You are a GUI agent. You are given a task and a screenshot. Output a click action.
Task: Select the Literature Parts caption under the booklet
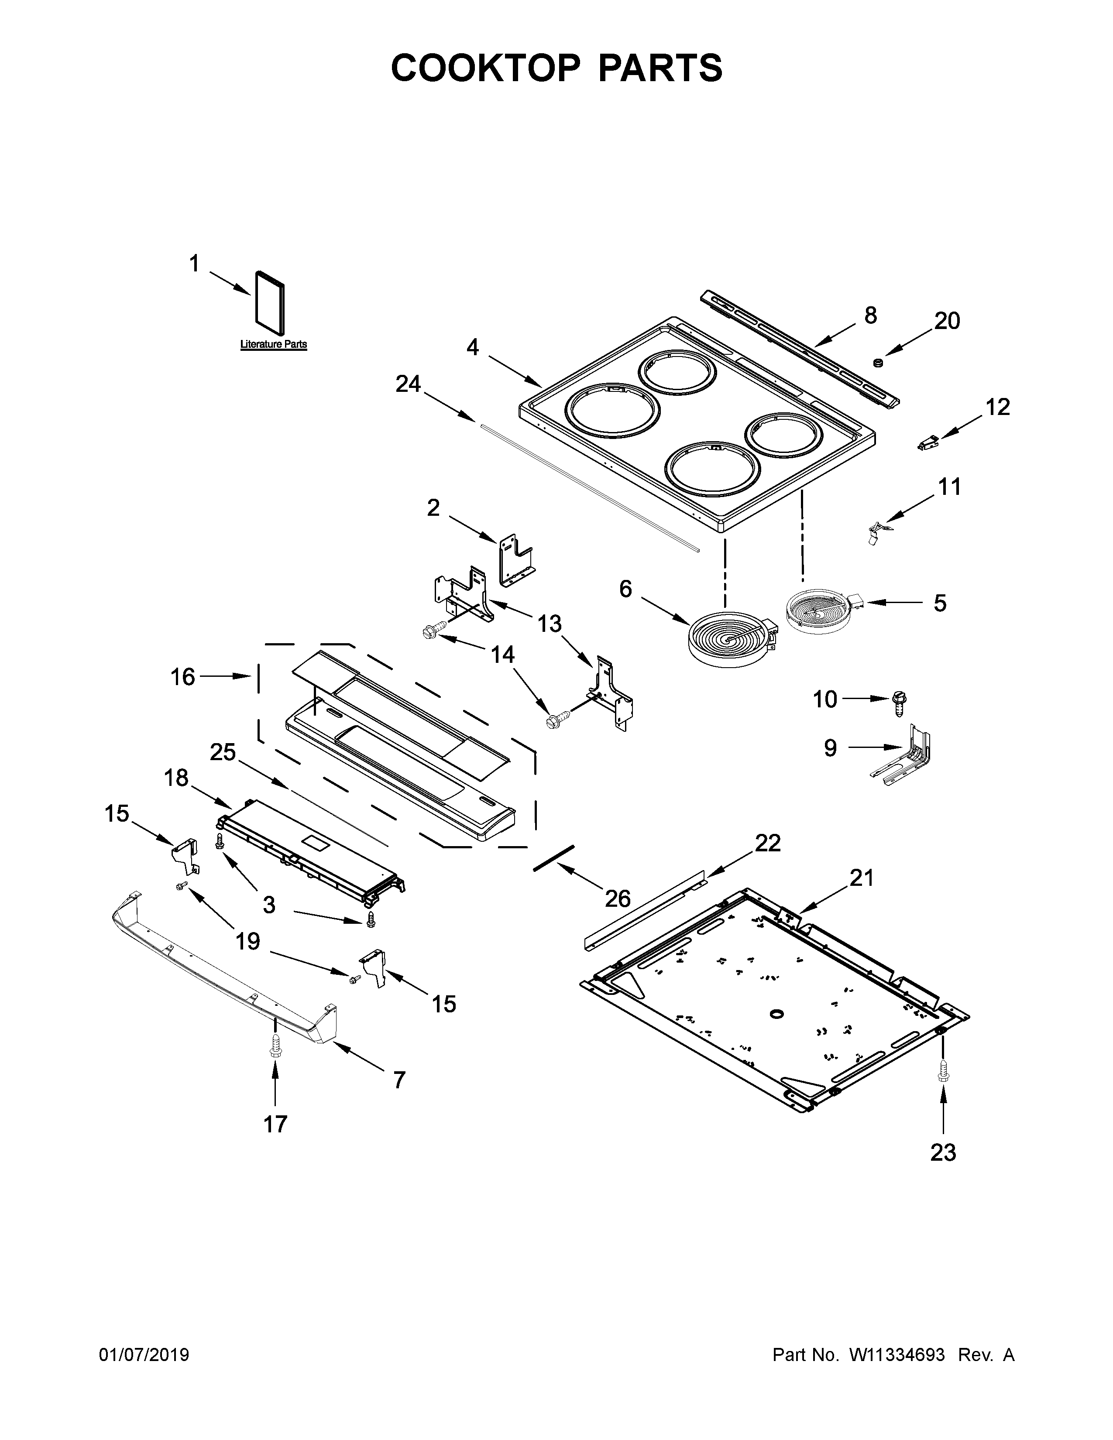click(x=273, y=344)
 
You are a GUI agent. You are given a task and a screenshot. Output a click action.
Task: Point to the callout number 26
click(x=618, y=898)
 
